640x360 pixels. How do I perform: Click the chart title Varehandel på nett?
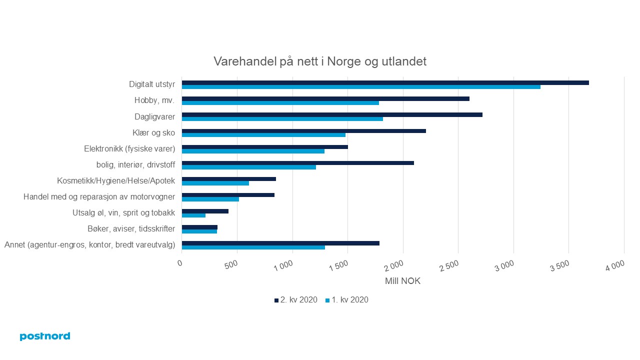(320, 61)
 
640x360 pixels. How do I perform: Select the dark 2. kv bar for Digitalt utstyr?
(385, 82)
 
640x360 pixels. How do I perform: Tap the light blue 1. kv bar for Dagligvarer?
(282, 119)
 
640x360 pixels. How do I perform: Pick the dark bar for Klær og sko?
(303, 131)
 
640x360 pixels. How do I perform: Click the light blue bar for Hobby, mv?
(280, 103)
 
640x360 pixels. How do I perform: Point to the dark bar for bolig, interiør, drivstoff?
(297, 163)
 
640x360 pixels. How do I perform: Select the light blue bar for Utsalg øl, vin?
(193, 215)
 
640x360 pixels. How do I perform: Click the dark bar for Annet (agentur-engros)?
(280, 243)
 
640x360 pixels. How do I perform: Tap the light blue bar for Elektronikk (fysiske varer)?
(253, 151)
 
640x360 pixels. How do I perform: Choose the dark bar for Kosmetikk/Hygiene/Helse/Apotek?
(228, 179)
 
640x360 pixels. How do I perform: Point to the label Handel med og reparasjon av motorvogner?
(99, 197)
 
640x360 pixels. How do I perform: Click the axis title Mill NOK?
(402, 281)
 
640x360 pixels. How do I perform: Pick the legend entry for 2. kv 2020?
(295, 300)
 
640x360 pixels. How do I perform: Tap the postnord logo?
(45, 336)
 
